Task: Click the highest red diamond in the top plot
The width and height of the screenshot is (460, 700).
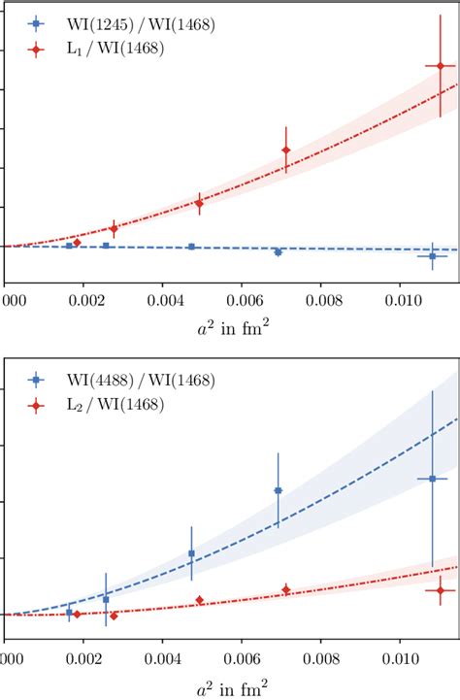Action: coord(440,66)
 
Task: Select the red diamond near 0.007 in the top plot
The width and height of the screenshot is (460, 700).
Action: coord(285,150)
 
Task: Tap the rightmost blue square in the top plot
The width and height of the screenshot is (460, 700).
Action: coord(433,255)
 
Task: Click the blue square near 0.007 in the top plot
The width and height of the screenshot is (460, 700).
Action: coord(278,251)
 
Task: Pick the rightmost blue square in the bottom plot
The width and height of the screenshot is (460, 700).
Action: coord(433,479)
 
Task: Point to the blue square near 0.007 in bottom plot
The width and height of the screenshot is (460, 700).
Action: coord(278,490)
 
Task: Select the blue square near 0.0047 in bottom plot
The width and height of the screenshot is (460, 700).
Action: coord(191,553)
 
